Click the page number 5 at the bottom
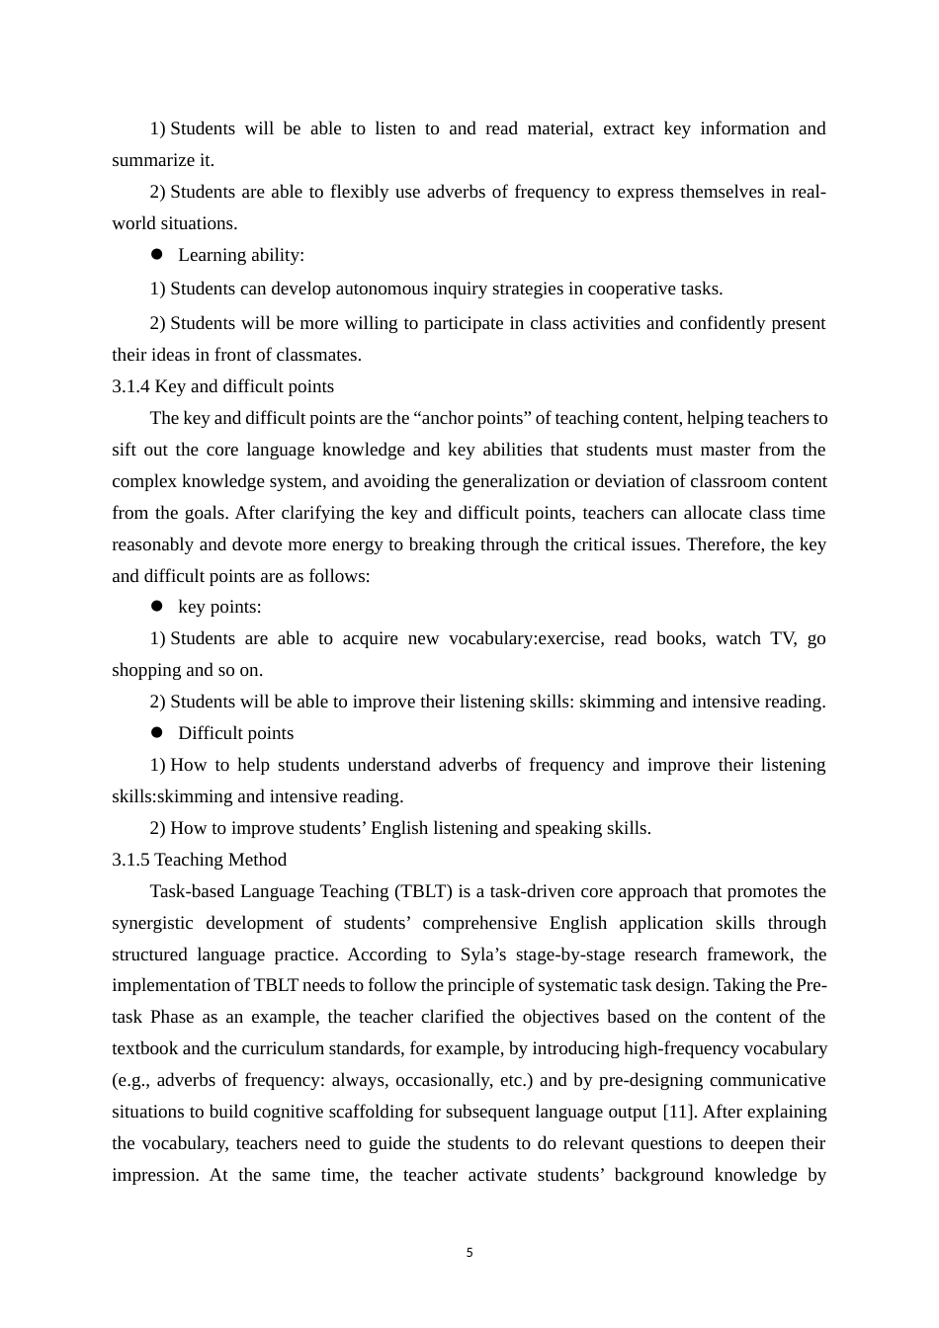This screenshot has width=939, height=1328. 469,1253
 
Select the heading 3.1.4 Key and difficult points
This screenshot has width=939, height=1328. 222,386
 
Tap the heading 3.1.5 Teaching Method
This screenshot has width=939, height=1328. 199,860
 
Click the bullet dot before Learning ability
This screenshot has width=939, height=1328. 156,254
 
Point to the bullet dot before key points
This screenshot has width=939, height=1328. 156,606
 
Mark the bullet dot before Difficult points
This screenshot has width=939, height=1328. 156,732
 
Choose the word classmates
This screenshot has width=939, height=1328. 320,355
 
